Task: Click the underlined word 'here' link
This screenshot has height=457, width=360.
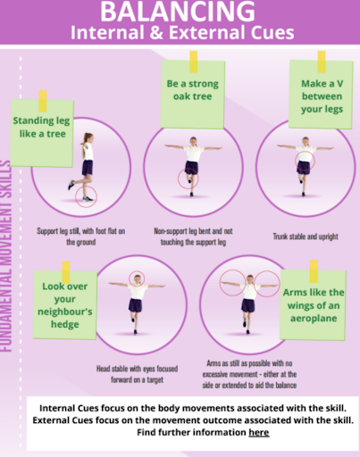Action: point(259,432)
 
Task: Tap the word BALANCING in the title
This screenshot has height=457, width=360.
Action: point(178,12)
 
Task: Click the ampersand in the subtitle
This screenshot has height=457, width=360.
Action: point(156,32)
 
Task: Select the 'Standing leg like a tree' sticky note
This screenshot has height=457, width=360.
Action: point(42,133)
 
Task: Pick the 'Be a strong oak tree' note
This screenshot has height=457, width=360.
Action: point(193,94)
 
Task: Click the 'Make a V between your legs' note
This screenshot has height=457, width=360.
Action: point(321,95)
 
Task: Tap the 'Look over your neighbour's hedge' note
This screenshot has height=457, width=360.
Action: point(65,305)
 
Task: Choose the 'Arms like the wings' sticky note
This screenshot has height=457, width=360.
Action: point(313,305)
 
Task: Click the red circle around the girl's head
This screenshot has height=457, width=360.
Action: point(137,271)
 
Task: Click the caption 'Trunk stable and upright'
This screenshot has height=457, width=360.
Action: point(306,237)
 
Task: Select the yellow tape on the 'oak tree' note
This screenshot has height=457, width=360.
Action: point(194,62)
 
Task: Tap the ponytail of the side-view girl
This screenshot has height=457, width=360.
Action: point(84,141)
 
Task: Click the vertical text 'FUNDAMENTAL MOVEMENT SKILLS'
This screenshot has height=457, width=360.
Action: point(6,256)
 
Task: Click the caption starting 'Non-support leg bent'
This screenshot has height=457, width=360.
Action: point(193,237)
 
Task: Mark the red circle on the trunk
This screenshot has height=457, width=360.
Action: point(296,161)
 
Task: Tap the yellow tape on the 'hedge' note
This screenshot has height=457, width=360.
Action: point(66,272)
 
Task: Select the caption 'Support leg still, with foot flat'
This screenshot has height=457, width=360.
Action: point(81,237)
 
